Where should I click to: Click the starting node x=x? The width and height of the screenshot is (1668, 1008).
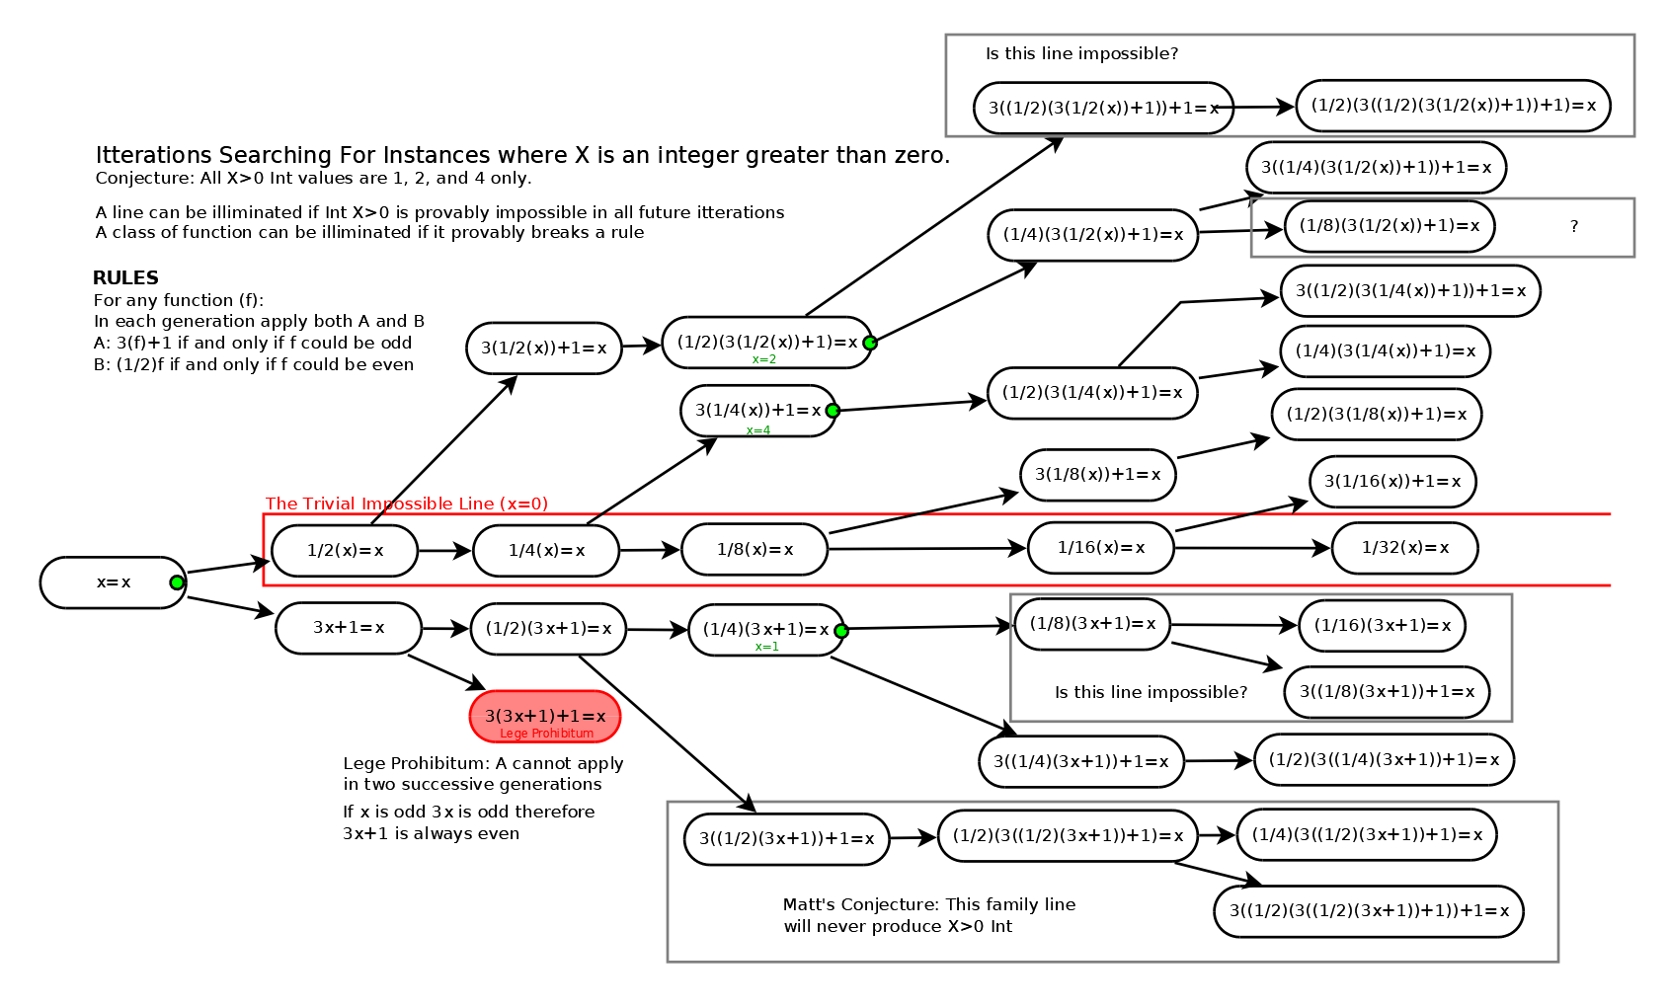coord(112,582)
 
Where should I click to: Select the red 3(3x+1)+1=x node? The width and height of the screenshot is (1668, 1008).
coord(544,717)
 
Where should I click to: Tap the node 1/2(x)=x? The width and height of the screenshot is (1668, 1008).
coord(345,551)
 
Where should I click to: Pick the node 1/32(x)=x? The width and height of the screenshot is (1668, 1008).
coord(1404,548)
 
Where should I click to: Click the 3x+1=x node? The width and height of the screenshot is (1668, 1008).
coord(349,628)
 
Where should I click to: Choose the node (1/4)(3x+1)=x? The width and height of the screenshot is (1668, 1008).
coord(765,630)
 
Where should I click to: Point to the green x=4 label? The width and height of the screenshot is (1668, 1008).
coord(758,430)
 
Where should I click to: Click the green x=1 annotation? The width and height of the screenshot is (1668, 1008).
coord(766,647)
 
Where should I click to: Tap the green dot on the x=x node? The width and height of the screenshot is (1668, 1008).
coord(177,582)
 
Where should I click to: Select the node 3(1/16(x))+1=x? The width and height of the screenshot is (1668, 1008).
coord(1391,482)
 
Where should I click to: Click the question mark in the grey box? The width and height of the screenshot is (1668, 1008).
coord(1574,227)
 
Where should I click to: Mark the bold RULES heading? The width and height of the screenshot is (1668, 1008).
coord(125,278)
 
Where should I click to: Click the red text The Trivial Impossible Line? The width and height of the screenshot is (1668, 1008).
coord(406,504)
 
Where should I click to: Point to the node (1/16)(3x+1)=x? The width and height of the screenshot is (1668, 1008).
coord(1382,626)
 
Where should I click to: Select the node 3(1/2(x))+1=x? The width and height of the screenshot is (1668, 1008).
coord(543,349)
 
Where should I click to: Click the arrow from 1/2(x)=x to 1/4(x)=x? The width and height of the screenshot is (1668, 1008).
coord(444,551)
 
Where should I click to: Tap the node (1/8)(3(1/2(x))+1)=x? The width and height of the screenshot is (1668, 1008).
coord(1389,226)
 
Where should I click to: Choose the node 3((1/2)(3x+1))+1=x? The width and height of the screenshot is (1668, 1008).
coord(786,839)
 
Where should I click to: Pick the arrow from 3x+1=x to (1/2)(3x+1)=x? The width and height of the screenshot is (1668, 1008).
coord(445,629)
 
